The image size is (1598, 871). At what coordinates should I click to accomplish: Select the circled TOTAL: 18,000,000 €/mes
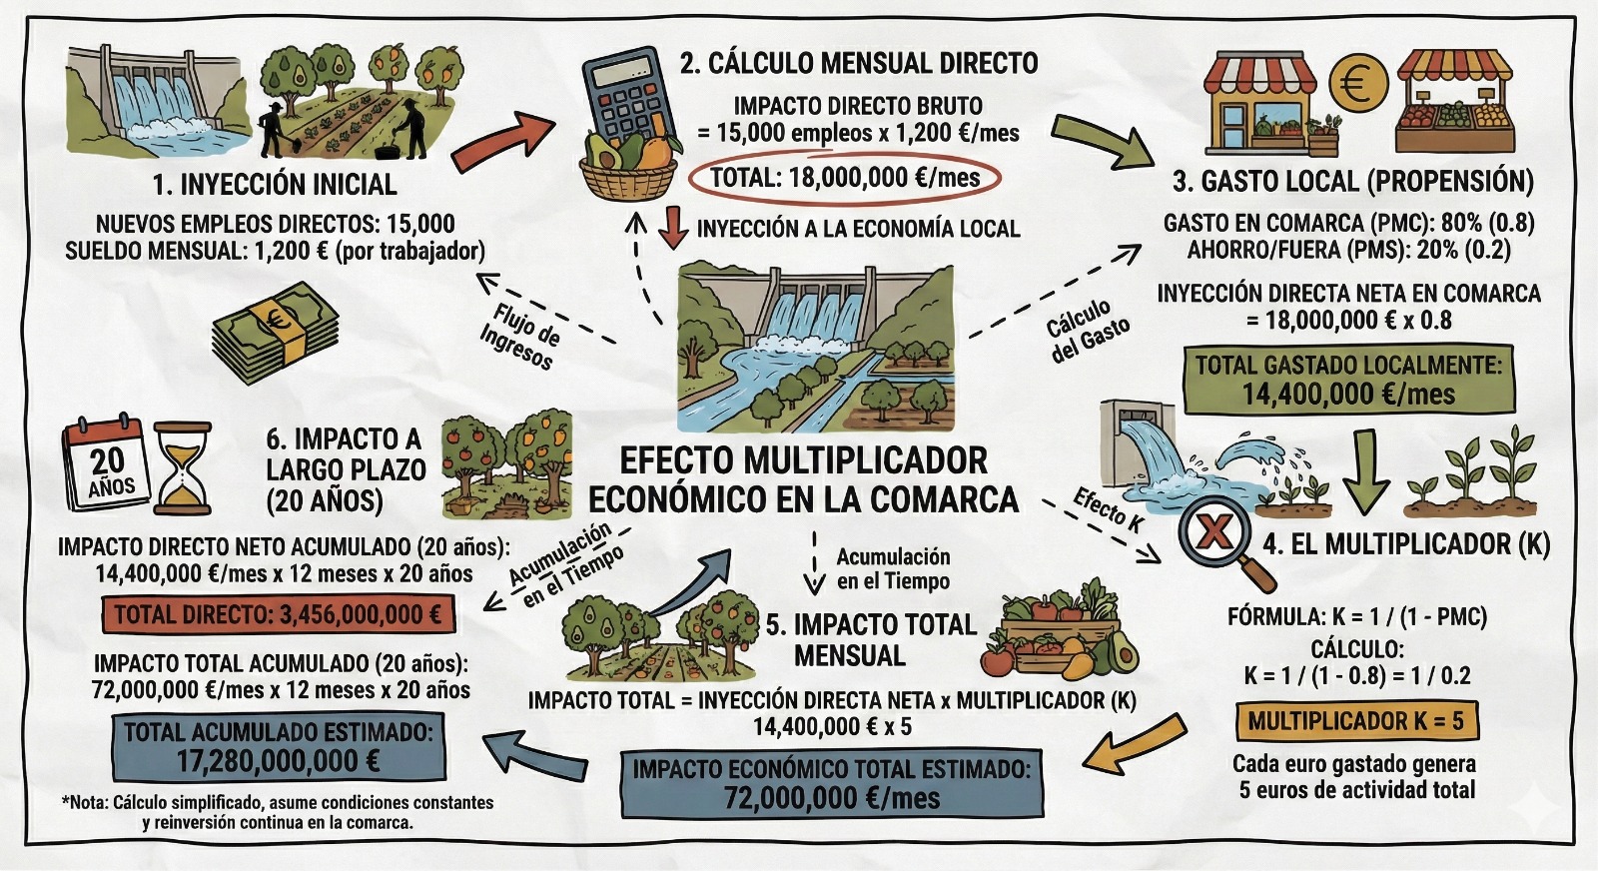point(844,178)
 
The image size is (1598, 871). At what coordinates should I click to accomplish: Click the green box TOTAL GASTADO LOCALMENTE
point(1347,380)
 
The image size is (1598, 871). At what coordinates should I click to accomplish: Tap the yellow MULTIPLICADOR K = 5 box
point(1355,721)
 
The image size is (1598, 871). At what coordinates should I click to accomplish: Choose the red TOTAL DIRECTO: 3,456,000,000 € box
point(278,614)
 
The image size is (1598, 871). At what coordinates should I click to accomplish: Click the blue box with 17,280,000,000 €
point(279,746)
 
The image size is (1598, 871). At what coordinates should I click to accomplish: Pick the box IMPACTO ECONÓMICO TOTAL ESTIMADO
point(831,783)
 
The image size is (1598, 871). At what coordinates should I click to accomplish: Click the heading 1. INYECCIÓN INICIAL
point(275,185)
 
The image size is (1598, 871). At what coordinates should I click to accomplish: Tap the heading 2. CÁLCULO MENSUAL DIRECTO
point(859,63)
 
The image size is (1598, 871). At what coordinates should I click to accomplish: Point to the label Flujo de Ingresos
point(519,334)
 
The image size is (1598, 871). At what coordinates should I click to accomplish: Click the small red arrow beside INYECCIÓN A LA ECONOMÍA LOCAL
point(675,227)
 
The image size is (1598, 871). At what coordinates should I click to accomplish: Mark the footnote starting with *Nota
point(277,812)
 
